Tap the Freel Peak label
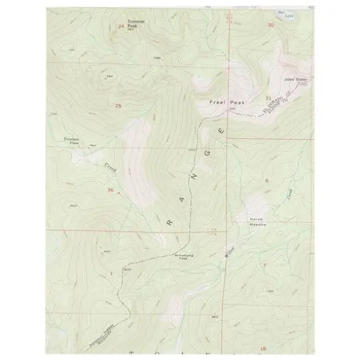click(221, 102)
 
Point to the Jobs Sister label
click(296, 80)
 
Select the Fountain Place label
click(71, 141)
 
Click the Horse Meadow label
click(256, 221)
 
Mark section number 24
click(120, 26)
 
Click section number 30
click(270, 25)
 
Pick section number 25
click(118, 105)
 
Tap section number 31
click(268, 98)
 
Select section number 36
click(110, 190)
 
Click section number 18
click(264, 348)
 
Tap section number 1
click(112, 272)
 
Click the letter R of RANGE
click(171, 223)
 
